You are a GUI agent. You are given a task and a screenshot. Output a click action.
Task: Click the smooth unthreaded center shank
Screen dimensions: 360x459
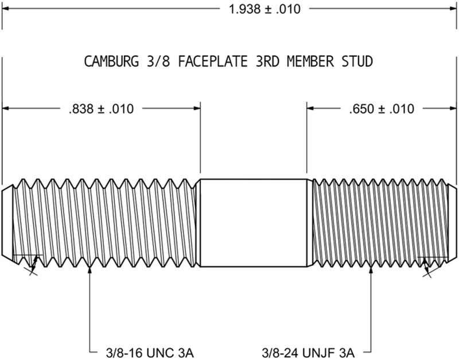pos(252,222)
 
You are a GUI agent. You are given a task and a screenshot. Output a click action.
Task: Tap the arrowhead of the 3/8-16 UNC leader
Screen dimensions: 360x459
pos(90,270)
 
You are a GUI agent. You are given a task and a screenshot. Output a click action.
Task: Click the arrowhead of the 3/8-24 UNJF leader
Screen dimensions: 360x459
pos(372,270)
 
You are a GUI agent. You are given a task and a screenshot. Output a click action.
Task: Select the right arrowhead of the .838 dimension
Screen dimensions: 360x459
pos(196,108)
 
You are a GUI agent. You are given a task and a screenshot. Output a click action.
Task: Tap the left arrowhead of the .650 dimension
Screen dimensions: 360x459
pos(311,108)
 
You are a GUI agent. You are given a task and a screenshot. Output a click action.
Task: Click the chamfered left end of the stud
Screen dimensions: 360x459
pos(7,222)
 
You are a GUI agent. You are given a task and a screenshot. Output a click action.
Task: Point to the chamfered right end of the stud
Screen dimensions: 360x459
pos(452,222)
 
